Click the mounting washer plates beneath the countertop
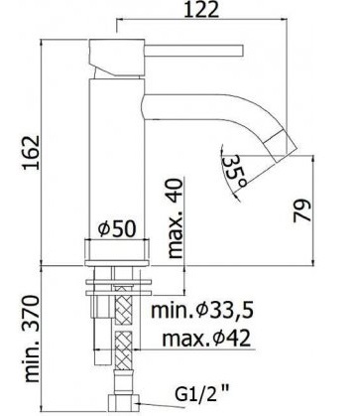pyautogui.click(x=119, y=287)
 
